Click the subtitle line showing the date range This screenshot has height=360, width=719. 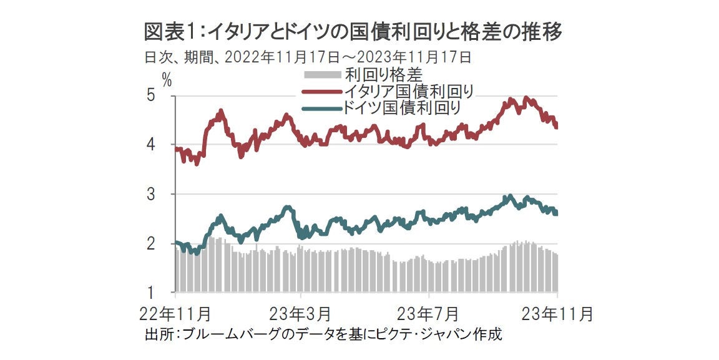[x=307, y=58]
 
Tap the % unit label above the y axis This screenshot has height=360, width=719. [x=167, y=79]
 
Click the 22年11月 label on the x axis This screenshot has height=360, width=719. [x=175, y=313]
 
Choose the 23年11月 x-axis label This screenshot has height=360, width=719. [x=557, y=313]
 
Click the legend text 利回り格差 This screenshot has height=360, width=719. [x=384, y=76]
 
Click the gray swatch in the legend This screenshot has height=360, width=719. [x=322, y=76]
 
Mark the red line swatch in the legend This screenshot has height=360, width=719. [x=322, y=92]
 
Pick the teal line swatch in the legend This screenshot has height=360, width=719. [x=322, y=108]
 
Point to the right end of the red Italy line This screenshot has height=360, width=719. [x=556, y=127]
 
